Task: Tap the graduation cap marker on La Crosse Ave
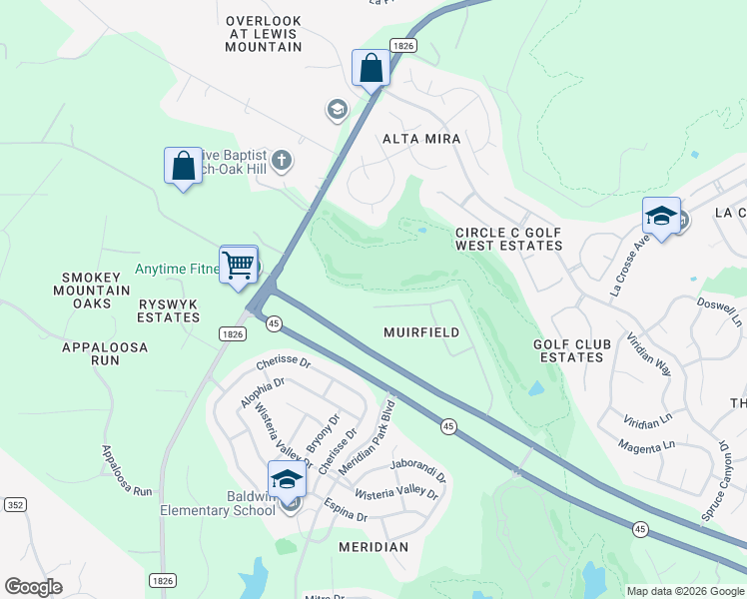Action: point(661,216)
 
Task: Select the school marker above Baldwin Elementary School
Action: point(287,479)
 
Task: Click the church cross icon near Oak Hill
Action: point(282,160)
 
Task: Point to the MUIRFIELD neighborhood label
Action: point(421,332)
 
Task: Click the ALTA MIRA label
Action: point(421,140)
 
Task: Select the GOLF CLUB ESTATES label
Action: point(571,351)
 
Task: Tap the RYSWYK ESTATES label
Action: point(168,310)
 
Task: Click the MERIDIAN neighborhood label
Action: point(373,547)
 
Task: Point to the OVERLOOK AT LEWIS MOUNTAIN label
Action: point(264,34)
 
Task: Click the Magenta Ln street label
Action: point(646,445)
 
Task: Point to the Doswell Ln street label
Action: point(719,309)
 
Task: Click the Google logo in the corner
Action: point(33,587)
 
